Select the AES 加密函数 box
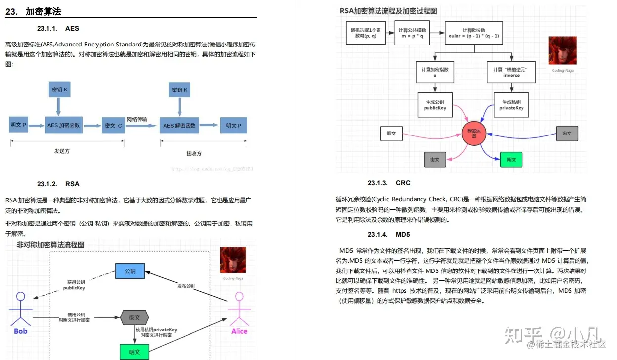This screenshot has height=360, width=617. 64,125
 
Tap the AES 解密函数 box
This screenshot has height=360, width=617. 180,125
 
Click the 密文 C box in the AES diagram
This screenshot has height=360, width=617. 113,126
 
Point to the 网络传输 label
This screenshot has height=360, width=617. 137,119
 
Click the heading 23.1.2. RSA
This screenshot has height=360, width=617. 58,184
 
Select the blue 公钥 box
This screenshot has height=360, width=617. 130,271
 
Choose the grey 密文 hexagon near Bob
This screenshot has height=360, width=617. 135,317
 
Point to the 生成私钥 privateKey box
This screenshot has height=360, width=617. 511,105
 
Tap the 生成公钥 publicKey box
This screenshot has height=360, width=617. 435,105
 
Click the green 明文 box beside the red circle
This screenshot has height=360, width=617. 511,160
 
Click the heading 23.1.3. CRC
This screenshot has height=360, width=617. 389,183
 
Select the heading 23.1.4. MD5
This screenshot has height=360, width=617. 389,234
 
